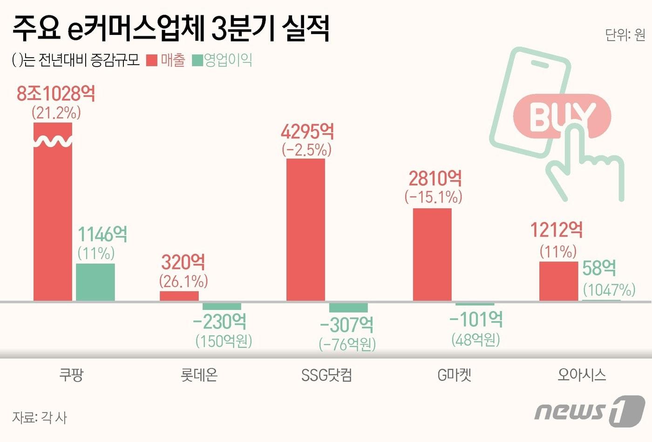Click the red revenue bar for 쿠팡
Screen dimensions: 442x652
tap(53, 219)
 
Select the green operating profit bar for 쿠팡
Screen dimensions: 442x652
tap(95, 282)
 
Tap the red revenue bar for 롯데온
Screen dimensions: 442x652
tap(179, 296)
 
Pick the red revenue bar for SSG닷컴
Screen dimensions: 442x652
tap(306, 230)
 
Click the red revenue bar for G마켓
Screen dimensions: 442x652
tap(432, 254)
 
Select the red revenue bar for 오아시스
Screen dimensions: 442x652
tap(558, 281)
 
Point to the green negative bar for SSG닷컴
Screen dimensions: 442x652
tap(348, 308)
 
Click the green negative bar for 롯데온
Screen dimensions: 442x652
tap(222, 306)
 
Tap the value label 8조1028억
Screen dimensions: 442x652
tap(56, 94)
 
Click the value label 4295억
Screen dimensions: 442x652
tap(307, 132)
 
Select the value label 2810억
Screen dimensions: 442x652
tap(435, 179)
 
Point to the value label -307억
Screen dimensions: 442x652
tap(346, 324)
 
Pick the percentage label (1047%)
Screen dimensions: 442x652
tap(609, 290)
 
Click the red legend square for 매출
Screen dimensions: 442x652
tap(152, 60)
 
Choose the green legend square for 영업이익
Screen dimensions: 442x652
tap(197, 60)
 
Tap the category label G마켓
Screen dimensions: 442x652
tap(454, 375)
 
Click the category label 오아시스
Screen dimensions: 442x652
tap(582, 375)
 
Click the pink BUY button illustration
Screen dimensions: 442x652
tap(561, 116)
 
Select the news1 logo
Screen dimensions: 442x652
tap(590, 410)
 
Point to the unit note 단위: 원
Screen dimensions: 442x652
tap(625, 35)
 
